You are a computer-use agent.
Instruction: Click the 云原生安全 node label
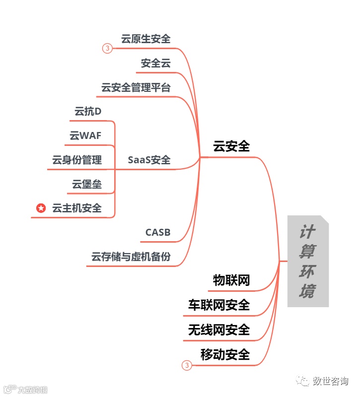click(145, 39)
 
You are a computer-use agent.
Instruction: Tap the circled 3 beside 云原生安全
click(107, 49)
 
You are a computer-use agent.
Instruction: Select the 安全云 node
click(155, 63)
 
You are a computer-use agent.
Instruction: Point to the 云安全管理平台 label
click(136, 87)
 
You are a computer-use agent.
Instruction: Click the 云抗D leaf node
click(88, 111)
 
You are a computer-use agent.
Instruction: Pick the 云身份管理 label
click(77, 160)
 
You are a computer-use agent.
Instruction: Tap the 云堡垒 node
click(87, 184)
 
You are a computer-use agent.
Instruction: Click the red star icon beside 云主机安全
click(41, 208)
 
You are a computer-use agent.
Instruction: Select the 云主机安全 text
click(77, 208)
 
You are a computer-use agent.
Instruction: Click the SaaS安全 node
click(149, 160)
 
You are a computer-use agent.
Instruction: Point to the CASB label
click(158, 232)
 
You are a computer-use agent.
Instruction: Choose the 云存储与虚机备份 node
click(131, 257)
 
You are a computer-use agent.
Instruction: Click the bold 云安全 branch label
click(231, 146)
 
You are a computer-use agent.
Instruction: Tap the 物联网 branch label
click(231, 280)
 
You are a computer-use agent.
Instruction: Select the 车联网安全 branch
click(219, 305)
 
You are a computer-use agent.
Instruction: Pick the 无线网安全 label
click(219, 330)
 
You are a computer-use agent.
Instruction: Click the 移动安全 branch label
click(225, 354)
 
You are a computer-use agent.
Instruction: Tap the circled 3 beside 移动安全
click(187, 366)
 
